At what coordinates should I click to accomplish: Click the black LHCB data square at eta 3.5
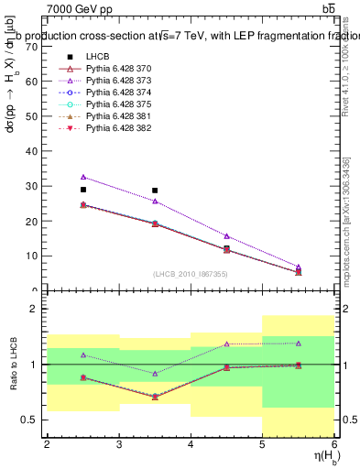point(155,191)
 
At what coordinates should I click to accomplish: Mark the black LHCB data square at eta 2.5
point(83,190)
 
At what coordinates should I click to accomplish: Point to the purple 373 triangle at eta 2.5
point(83,177)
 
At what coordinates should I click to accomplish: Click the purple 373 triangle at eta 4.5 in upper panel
point(226,236)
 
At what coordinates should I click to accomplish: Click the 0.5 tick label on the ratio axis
point(29,420)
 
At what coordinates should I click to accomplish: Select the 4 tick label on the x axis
point(191,445)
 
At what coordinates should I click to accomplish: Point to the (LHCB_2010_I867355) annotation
point(191,274)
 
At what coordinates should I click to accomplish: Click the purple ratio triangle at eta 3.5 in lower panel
point(155,374)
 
